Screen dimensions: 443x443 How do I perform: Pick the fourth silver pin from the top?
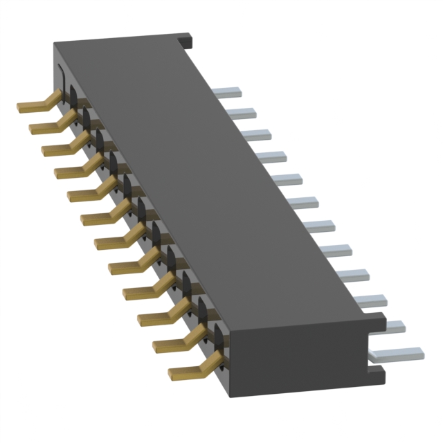pyautogui.click(x=273, y=156)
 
